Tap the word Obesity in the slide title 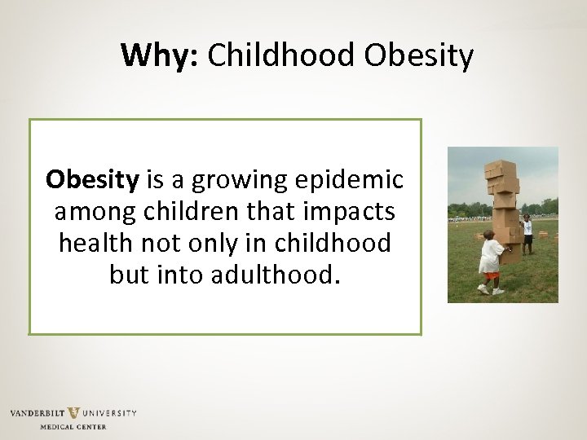tap(418, 55)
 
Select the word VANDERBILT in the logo tap(37, 413)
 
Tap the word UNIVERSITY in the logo tap(109, 413)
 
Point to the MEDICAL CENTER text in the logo tap(73, 426)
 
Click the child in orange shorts tap(492, 261)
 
